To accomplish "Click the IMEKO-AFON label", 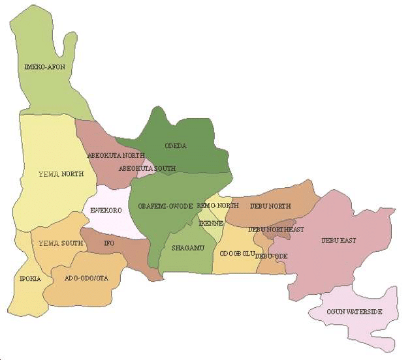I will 44,67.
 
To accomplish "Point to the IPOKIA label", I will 30,278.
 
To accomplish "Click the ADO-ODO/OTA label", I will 86,278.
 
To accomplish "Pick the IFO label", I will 109,243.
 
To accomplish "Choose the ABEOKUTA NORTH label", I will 116,155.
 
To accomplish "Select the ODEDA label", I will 176,146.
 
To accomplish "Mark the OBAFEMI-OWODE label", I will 165,206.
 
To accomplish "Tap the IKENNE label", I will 212,223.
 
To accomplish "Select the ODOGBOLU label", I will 237,253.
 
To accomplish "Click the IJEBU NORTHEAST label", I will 276,230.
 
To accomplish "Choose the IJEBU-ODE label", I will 272,256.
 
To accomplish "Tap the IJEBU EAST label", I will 339,241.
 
